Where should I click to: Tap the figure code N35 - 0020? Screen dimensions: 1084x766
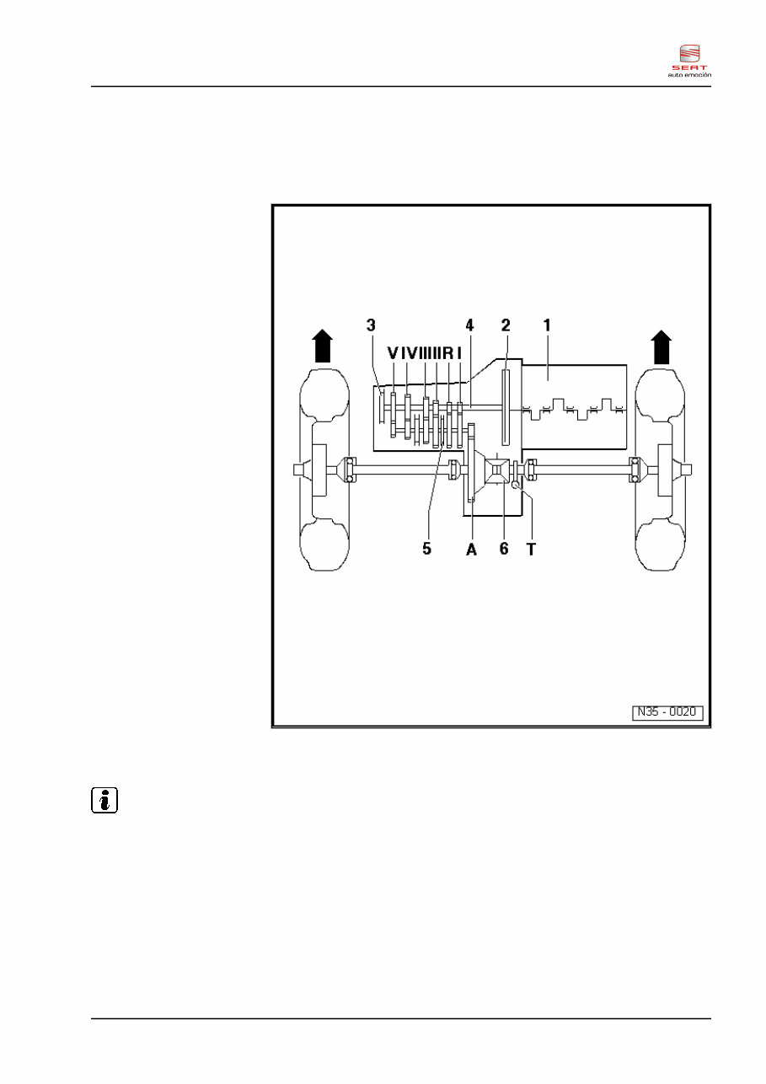point(667,712)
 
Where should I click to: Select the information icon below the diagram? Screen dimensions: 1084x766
point(104,800)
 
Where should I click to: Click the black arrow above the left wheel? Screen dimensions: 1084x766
point(321,346)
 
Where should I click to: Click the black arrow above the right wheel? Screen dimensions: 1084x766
point(662,346)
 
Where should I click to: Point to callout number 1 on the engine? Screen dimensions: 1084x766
point(546,325)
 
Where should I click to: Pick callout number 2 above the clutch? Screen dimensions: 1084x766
point(506,325)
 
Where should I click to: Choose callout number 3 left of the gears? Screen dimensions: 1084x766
point(370,325)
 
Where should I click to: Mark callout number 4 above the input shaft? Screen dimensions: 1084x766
point(469,325)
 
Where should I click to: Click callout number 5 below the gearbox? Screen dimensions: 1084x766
point(427,548)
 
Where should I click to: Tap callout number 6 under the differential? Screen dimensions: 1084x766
point(504,548)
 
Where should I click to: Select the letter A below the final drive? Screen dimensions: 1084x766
point(471,548)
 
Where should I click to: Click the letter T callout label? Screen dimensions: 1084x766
point(531,548)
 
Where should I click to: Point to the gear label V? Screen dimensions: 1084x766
point(393,351)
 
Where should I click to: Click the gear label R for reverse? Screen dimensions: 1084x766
point(447,351)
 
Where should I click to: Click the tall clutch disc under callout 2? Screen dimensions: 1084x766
point(506,407)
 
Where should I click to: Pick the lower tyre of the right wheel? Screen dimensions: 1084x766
point(662,544)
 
